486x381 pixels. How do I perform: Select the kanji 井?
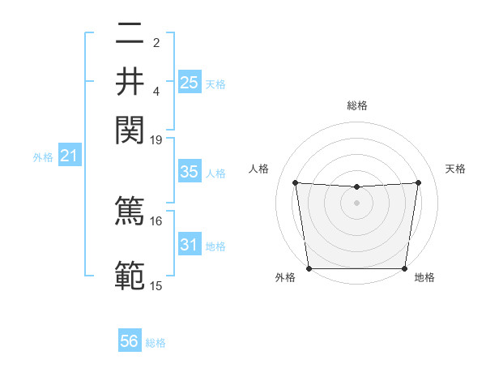(x=130, y=81)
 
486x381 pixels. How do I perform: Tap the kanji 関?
(x=130, y=127)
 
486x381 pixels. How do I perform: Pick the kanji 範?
(x=130, y=276)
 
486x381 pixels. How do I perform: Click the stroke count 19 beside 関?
(x=156, y=139)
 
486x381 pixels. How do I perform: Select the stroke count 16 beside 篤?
(x=156, y=220)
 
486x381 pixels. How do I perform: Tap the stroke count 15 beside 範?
(x=156, y=285)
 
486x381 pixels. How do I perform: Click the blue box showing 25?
(x=190, y=82)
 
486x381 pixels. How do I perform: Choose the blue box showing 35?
(x=190, y=172)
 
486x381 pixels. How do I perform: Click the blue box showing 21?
(x=69, y=155)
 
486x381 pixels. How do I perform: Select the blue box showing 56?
(x=130, y=341)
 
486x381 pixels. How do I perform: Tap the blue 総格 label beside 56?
(x=156, y=343)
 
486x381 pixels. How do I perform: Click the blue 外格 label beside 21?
(x=43, y=156)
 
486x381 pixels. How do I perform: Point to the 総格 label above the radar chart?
(x=356, y=105)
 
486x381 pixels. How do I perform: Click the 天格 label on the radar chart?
(x=455, y=169)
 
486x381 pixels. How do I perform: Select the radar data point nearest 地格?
(x=405, y=268)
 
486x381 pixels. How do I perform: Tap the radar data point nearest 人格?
(x=295, y=183)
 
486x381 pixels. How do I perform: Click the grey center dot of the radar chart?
(x=356, y=203)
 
